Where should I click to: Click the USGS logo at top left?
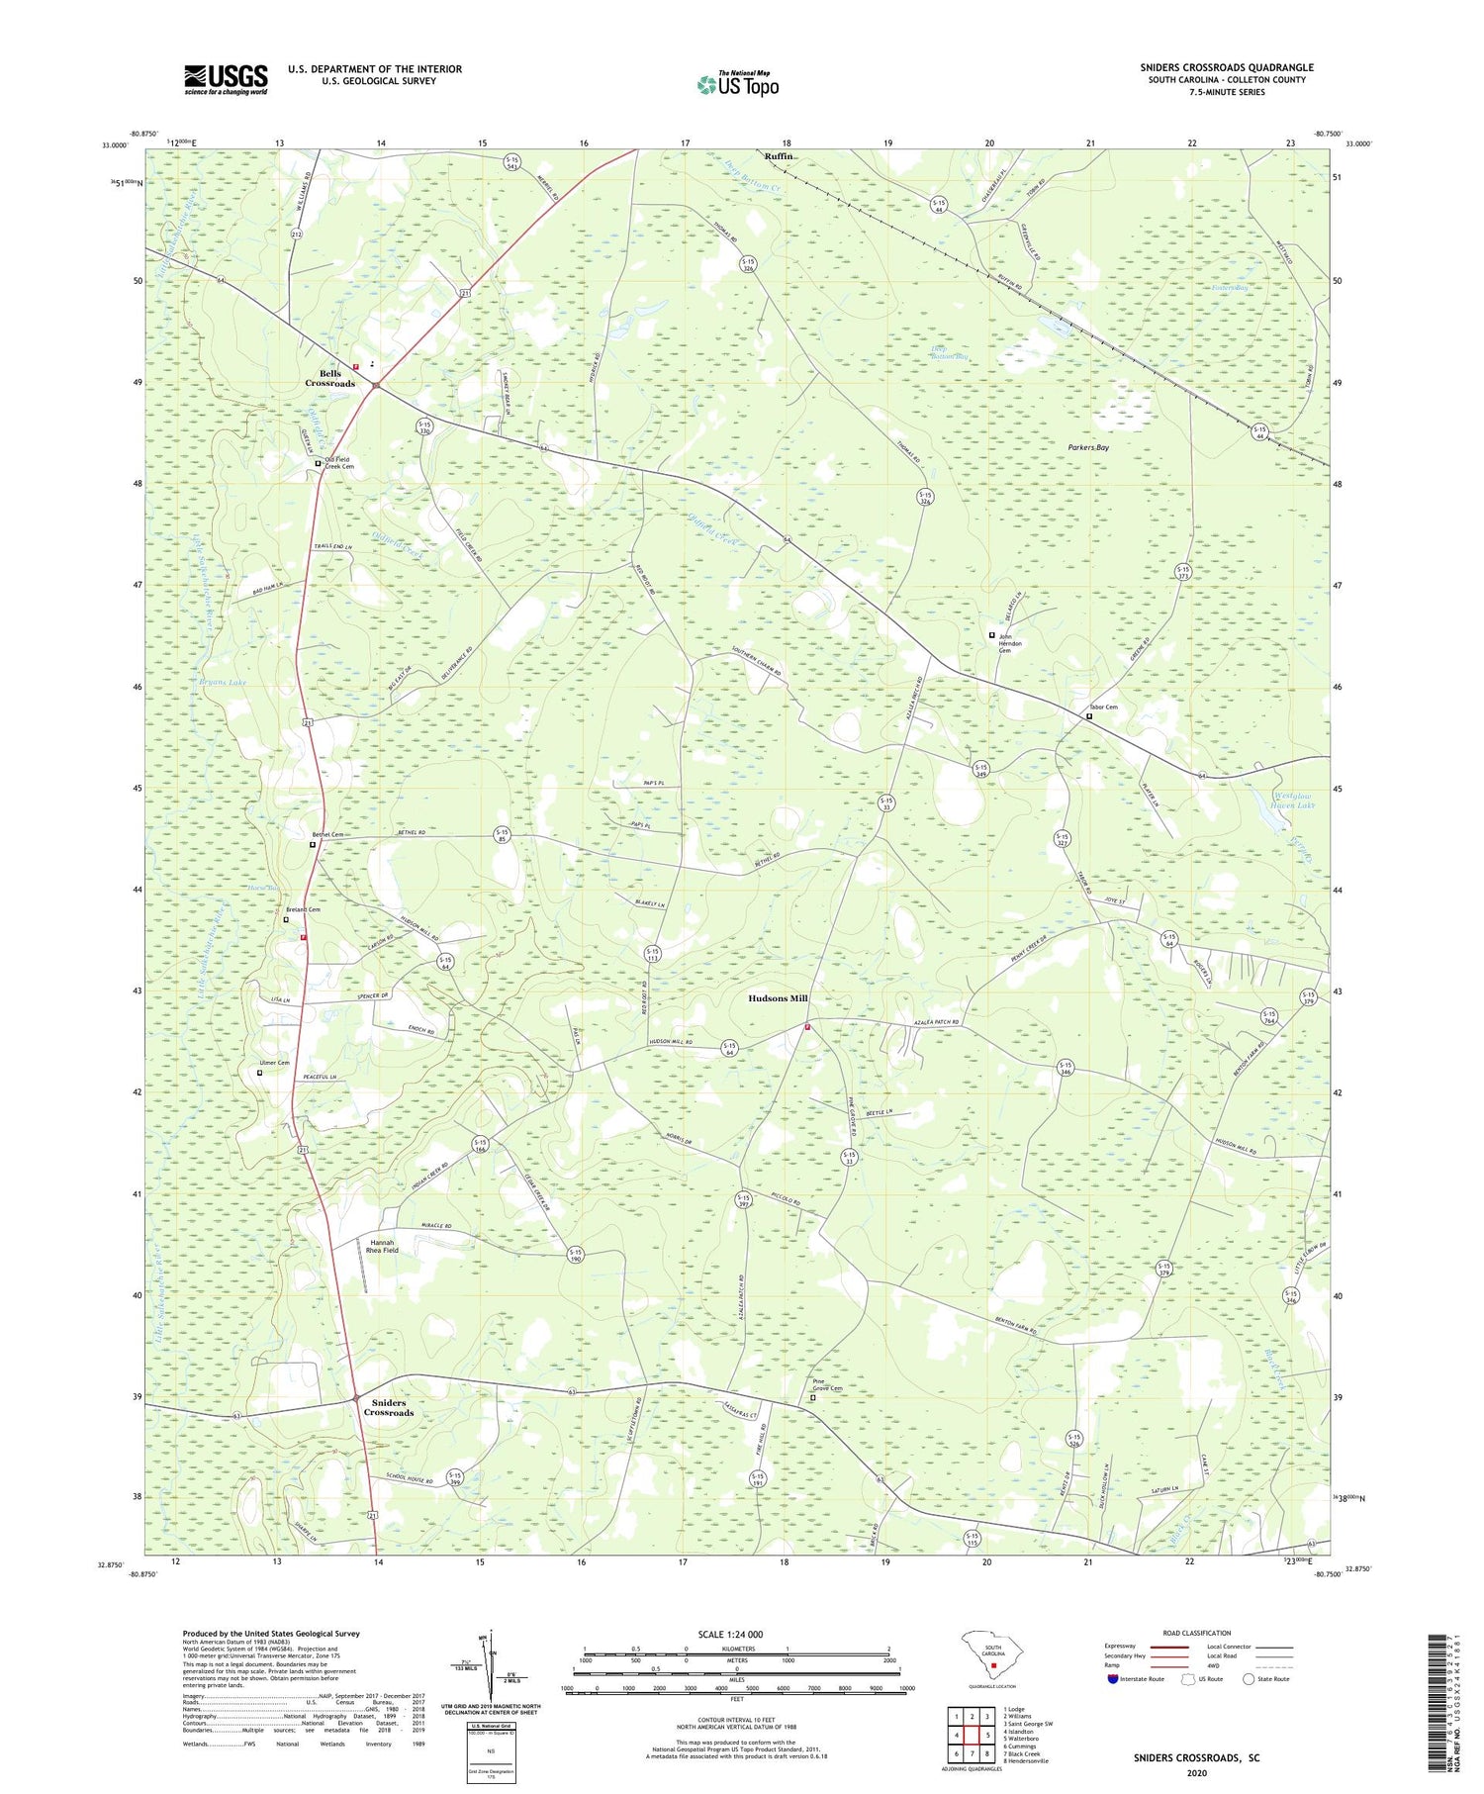point(226,79)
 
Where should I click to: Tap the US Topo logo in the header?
point(737,84)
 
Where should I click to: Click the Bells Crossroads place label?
point(329,378)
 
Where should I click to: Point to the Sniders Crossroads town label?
point(388,1407)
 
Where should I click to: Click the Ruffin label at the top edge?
point(780,156)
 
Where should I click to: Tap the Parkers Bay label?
point(1088,447)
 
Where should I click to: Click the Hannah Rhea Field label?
point(383,1247)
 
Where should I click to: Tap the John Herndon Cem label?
point(1011,643)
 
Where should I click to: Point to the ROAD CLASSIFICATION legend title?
point(1197,1633)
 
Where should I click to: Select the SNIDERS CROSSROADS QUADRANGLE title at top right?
point(1227,67)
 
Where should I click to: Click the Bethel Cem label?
point(327,835)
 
